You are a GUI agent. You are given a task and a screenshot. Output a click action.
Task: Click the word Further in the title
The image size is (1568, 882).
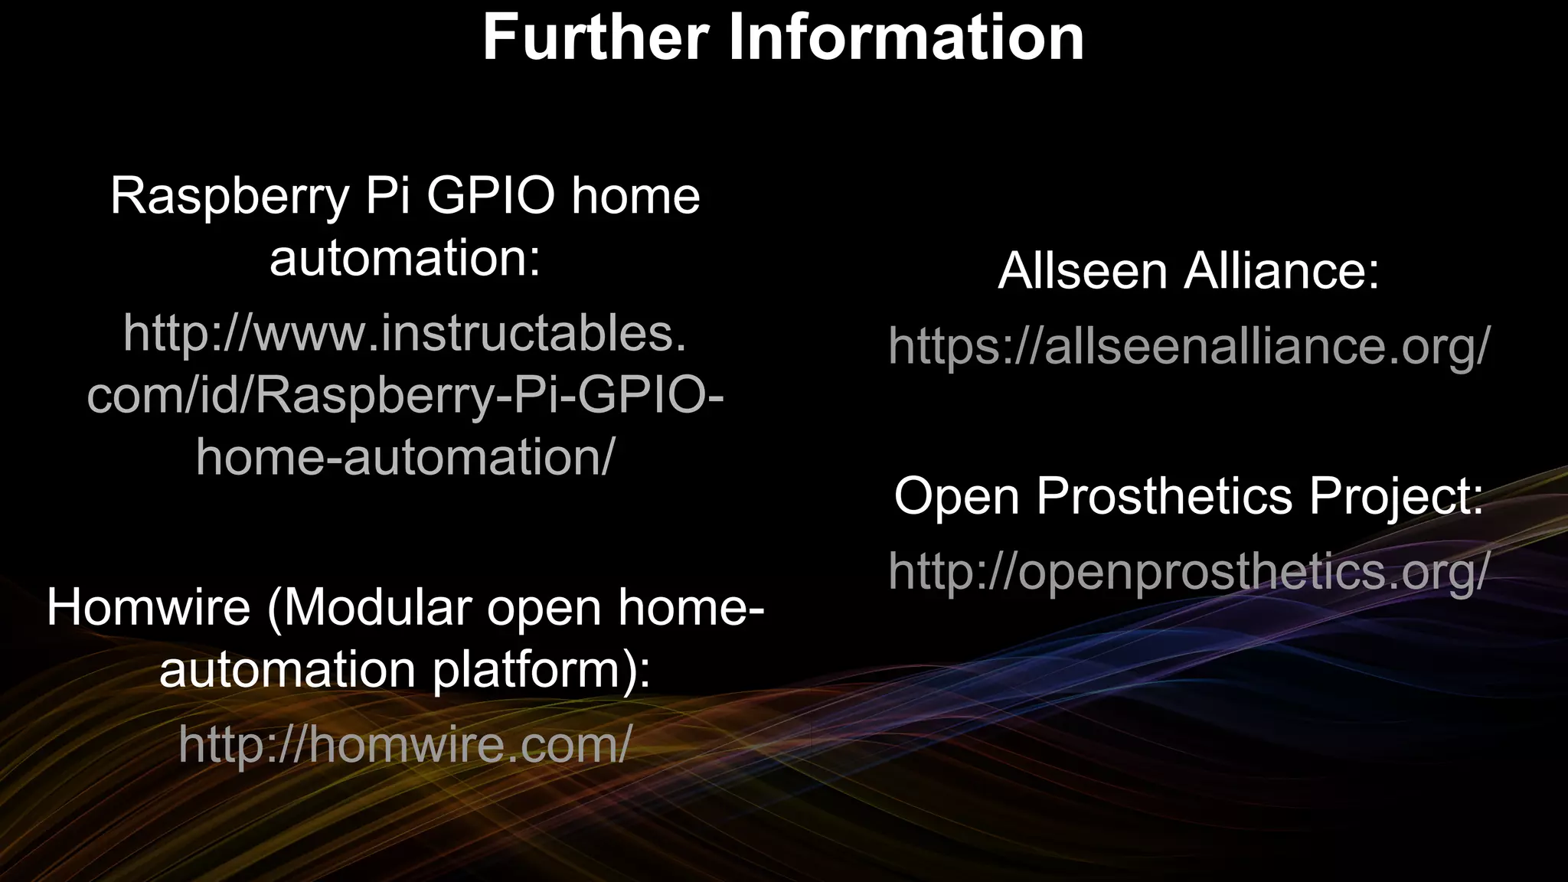coord(595,38)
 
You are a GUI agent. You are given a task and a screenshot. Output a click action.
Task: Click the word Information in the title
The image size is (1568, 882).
coord(905,38)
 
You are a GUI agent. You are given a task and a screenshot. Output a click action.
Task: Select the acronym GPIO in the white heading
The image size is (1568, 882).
coord(490,195)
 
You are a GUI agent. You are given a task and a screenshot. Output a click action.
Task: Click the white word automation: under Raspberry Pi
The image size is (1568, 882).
coord(405,258)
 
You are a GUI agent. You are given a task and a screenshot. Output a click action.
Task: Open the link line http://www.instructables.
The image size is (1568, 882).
coord(405,334)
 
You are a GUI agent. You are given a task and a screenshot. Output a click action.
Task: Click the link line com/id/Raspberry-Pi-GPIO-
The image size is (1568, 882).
coord(405,397)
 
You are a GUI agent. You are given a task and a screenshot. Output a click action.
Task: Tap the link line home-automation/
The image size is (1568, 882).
coord(405,457)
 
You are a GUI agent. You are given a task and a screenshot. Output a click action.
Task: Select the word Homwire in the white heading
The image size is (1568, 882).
coord(149,607)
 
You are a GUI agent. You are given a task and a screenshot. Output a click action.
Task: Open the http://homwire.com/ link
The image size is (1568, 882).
coord(405,744)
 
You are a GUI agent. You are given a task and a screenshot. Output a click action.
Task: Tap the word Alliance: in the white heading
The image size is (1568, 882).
coord(1282,271)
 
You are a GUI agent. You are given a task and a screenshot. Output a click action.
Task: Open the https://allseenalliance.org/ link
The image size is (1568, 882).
coord(1189,346)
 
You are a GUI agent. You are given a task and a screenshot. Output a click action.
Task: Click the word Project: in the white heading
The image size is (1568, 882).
coord(1396,497)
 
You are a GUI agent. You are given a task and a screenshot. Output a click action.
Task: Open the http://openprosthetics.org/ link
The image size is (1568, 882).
coord(1189,571)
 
